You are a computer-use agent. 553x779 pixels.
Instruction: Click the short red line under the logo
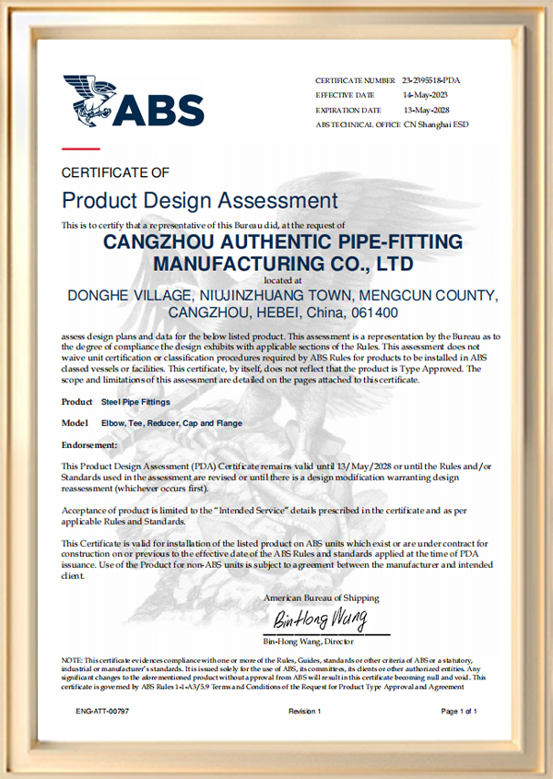(80, 149)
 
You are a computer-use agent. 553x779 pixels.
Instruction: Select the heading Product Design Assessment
(199, 200)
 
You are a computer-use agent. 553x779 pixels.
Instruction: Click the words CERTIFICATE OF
(115, 172)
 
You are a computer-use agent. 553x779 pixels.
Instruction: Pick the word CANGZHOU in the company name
(153, 242)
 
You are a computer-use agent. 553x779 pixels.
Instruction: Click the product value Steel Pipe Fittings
(135, 402)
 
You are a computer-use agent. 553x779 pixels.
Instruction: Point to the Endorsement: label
(89, 443)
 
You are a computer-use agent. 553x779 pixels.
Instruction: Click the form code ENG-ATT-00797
(102, 712)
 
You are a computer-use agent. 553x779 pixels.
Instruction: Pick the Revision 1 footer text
(304, 712)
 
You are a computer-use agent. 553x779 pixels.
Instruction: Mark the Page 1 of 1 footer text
(458, 712)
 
